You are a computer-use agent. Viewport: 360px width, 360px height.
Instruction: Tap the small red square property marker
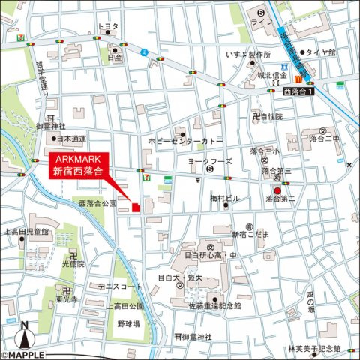(x=136, y=208)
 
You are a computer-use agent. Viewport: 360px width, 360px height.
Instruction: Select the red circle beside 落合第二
(x=277, y=191)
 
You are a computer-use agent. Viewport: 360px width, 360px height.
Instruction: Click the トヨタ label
(x=109, y=26)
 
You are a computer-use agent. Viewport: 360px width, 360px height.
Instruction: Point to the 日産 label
(x=114, y=57)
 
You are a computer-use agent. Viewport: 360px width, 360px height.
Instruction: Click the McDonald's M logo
(x=298, y=79)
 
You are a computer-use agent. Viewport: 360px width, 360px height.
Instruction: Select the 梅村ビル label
(x=223, y=199)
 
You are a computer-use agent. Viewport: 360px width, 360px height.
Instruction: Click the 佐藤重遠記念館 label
(x=215, y=306)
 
